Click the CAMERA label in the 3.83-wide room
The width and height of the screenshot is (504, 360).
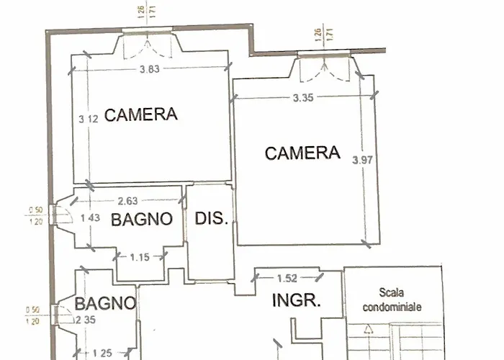pos(141,114)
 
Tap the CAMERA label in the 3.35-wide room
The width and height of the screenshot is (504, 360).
pos(302,153)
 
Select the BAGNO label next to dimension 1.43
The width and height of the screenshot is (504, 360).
pos(142,219)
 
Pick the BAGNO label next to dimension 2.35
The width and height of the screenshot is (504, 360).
pos(105,303)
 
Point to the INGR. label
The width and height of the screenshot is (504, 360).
pos(295,301)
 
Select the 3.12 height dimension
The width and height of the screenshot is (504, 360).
pos(87,120)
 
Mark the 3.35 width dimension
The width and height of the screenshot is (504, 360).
pos(303,99)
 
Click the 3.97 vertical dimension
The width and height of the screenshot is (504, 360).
pos(364,161)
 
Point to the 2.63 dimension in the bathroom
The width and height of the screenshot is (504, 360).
pos(129,202)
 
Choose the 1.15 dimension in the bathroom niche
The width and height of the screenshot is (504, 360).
pos(141,257)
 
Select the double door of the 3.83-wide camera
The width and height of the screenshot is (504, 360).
pos(147,45)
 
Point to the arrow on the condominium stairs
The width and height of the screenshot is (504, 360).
pos(368,330)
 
